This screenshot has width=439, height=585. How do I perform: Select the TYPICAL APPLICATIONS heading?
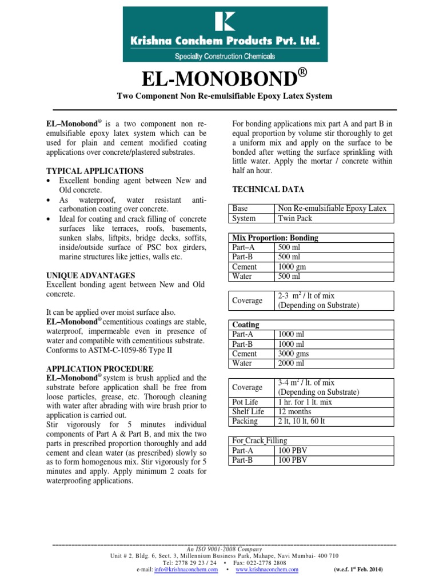pyautogui.click(x=94, y=171)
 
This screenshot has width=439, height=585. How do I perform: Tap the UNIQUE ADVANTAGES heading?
pyautogui.click(x=90, y=275)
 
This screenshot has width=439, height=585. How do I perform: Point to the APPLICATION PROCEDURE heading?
pyautogui.click(x=99, y=368)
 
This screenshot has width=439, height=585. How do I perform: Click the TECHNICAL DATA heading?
pyautogui.click(x=268, y=189)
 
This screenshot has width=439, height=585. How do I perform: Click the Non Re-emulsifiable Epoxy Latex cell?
pyautogui.click(x=332, y=209)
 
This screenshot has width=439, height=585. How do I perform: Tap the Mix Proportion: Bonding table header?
pyautogui.click(x=276, y=238)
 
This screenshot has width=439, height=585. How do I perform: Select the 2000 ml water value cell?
pyautogui.click(x=291, y=363)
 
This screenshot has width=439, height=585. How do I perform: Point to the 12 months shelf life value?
pyautogui.click(x=294, y=411)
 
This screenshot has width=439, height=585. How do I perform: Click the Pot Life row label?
pyautogui.click(x=245, y=402)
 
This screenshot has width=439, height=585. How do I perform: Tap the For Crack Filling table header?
pyautogui.click(x=260, y=440)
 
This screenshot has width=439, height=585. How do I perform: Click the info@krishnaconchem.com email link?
pyautogui.click(x=186, y=570)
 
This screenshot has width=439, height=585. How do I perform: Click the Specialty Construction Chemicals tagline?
pyautogui.click(x=224, y=56)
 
